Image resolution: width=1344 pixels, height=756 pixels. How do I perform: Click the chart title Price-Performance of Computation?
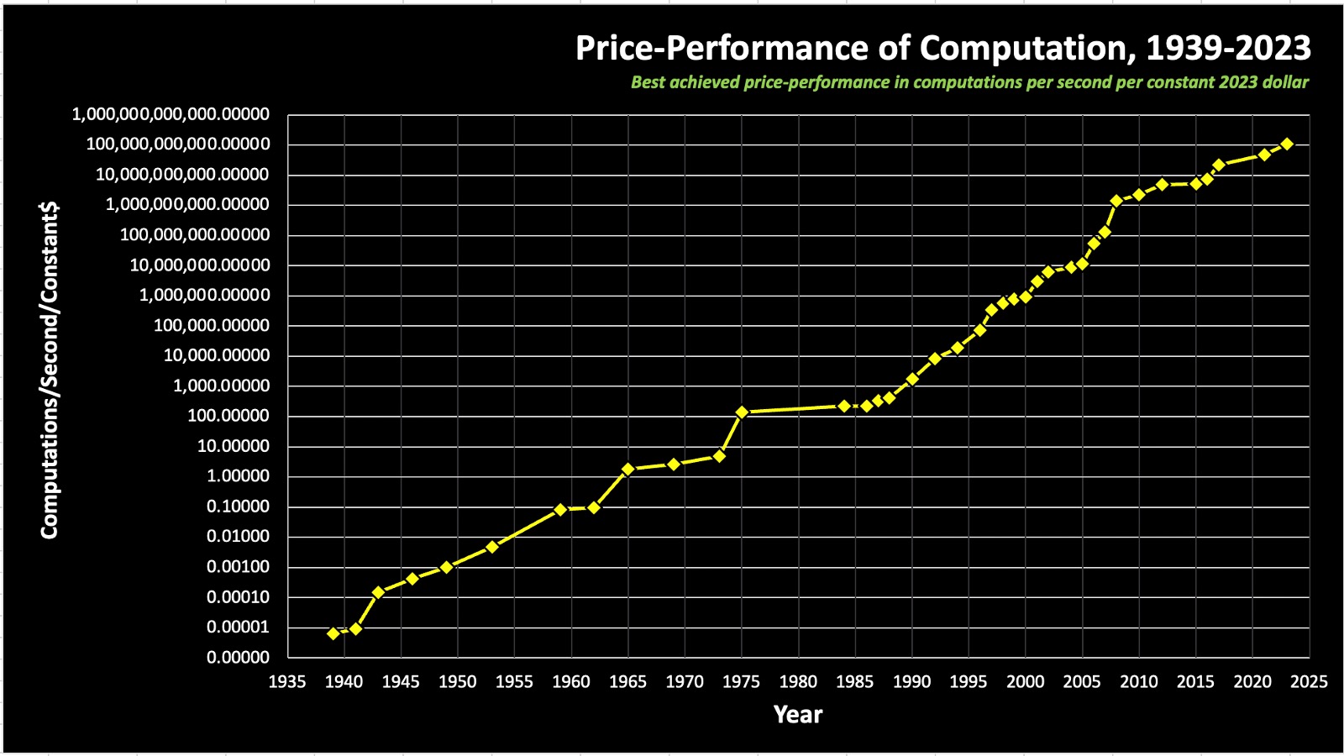coord(942,48)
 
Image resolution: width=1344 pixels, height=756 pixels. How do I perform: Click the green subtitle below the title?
coord(969,82)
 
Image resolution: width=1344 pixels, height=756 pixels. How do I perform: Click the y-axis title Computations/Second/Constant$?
coord(50,370)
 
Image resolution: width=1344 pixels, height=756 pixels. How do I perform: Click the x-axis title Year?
coord(797,715)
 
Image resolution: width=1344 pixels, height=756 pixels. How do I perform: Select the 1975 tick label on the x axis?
coord(741,682)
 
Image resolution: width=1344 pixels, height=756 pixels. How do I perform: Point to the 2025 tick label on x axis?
coord(1309,682)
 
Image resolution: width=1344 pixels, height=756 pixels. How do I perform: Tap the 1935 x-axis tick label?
coord(287,682)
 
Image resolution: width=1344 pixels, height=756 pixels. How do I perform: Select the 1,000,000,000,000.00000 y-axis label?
coord(171,114)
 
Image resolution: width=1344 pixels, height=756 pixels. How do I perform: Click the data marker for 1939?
coord(333,633)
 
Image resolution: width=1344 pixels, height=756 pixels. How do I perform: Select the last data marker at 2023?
coord(1286,144)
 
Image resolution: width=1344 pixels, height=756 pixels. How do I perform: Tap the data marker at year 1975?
coord(742,412)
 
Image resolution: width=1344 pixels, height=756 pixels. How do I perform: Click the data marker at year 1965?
coord(628,469)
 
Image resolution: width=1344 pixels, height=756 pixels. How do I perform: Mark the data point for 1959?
coord(560,509)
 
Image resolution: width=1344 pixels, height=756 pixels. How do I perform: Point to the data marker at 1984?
coord(844,406)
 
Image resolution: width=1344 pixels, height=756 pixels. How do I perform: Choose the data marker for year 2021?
coord(1263,155)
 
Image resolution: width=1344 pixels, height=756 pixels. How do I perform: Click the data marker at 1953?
coord(492,547)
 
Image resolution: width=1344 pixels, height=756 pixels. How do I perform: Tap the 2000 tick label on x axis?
coord(1025,682)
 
